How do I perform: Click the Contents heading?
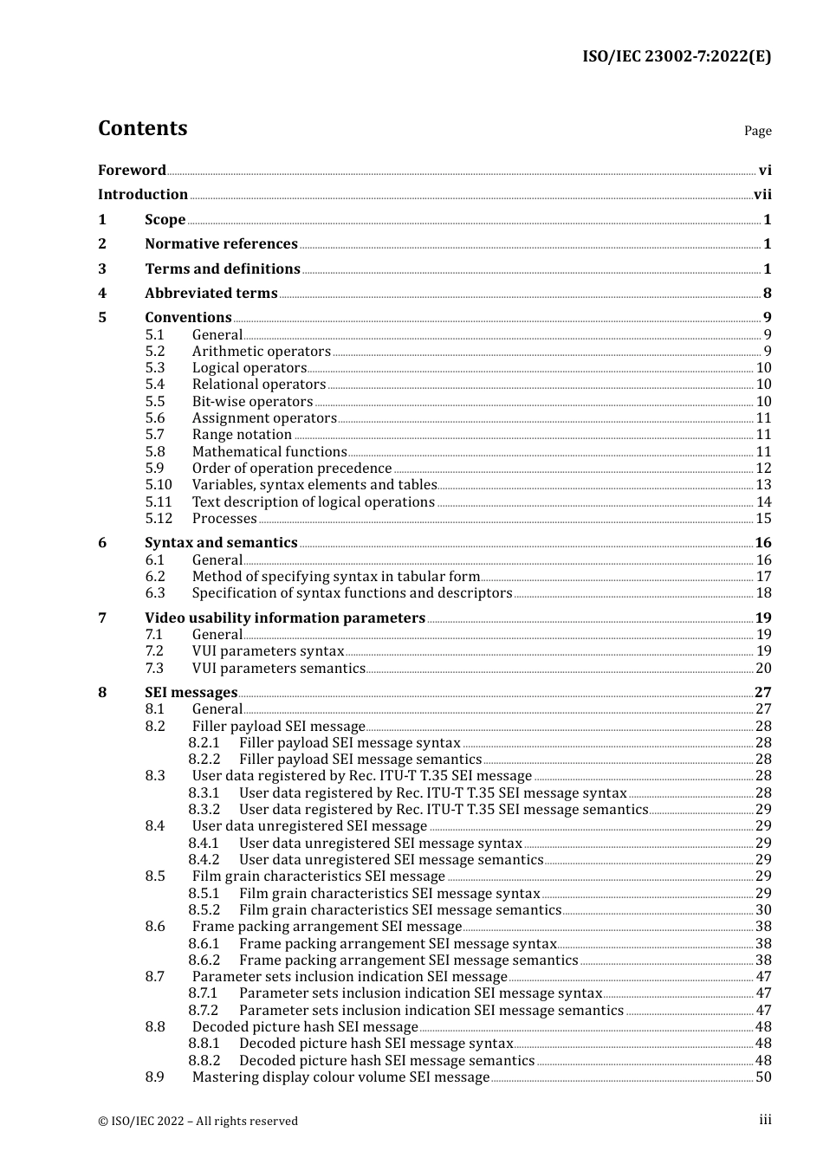[142, 128]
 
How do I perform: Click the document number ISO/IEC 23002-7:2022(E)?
[676, 56]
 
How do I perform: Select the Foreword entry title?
[132, 170]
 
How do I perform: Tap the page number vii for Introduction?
[762, 195]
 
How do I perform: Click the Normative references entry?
[221, 244]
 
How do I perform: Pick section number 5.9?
[154, 469]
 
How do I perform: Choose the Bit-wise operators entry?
[252, 402]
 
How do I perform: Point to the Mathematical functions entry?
[269, 452]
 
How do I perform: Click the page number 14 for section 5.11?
[763, 502]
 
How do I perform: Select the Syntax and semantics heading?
[221, 543]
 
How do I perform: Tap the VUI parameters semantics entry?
[278, 669]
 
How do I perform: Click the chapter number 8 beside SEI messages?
[102, 693]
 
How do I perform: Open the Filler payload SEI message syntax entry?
[349, 743]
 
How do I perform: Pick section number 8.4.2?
[204, 860]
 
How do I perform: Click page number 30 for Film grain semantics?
[763, 910]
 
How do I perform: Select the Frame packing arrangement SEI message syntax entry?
[398, 944]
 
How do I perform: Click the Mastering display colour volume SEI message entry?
[340, 1077]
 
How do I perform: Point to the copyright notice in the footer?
[198, 1121]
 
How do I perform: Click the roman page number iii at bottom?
[765, 1120]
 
